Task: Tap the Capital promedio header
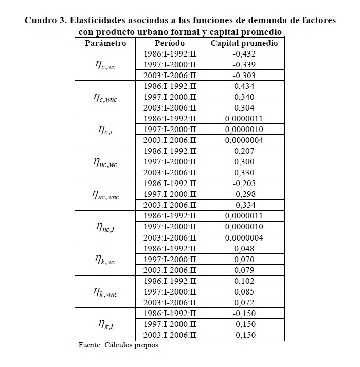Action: point(244,43)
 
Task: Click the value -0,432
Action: point(244,54)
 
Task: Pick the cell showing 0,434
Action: point(244,86)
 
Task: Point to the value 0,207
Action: point(244,151)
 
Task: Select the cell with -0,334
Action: point(244,205)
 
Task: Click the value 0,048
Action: point(244,248)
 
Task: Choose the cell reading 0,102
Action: point(244,281)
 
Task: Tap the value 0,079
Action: point(244,270)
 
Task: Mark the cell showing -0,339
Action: point(244,65)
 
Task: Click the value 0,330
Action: point(244,173)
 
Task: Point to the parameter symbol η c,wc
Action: point(105,65)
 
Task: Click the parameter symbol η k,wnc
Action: point(105,292)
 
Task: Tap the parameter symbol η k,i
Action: point(105,324)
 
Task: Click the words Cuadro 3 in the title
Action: point(45,21)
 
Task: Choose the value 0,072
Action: point(244,302)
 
